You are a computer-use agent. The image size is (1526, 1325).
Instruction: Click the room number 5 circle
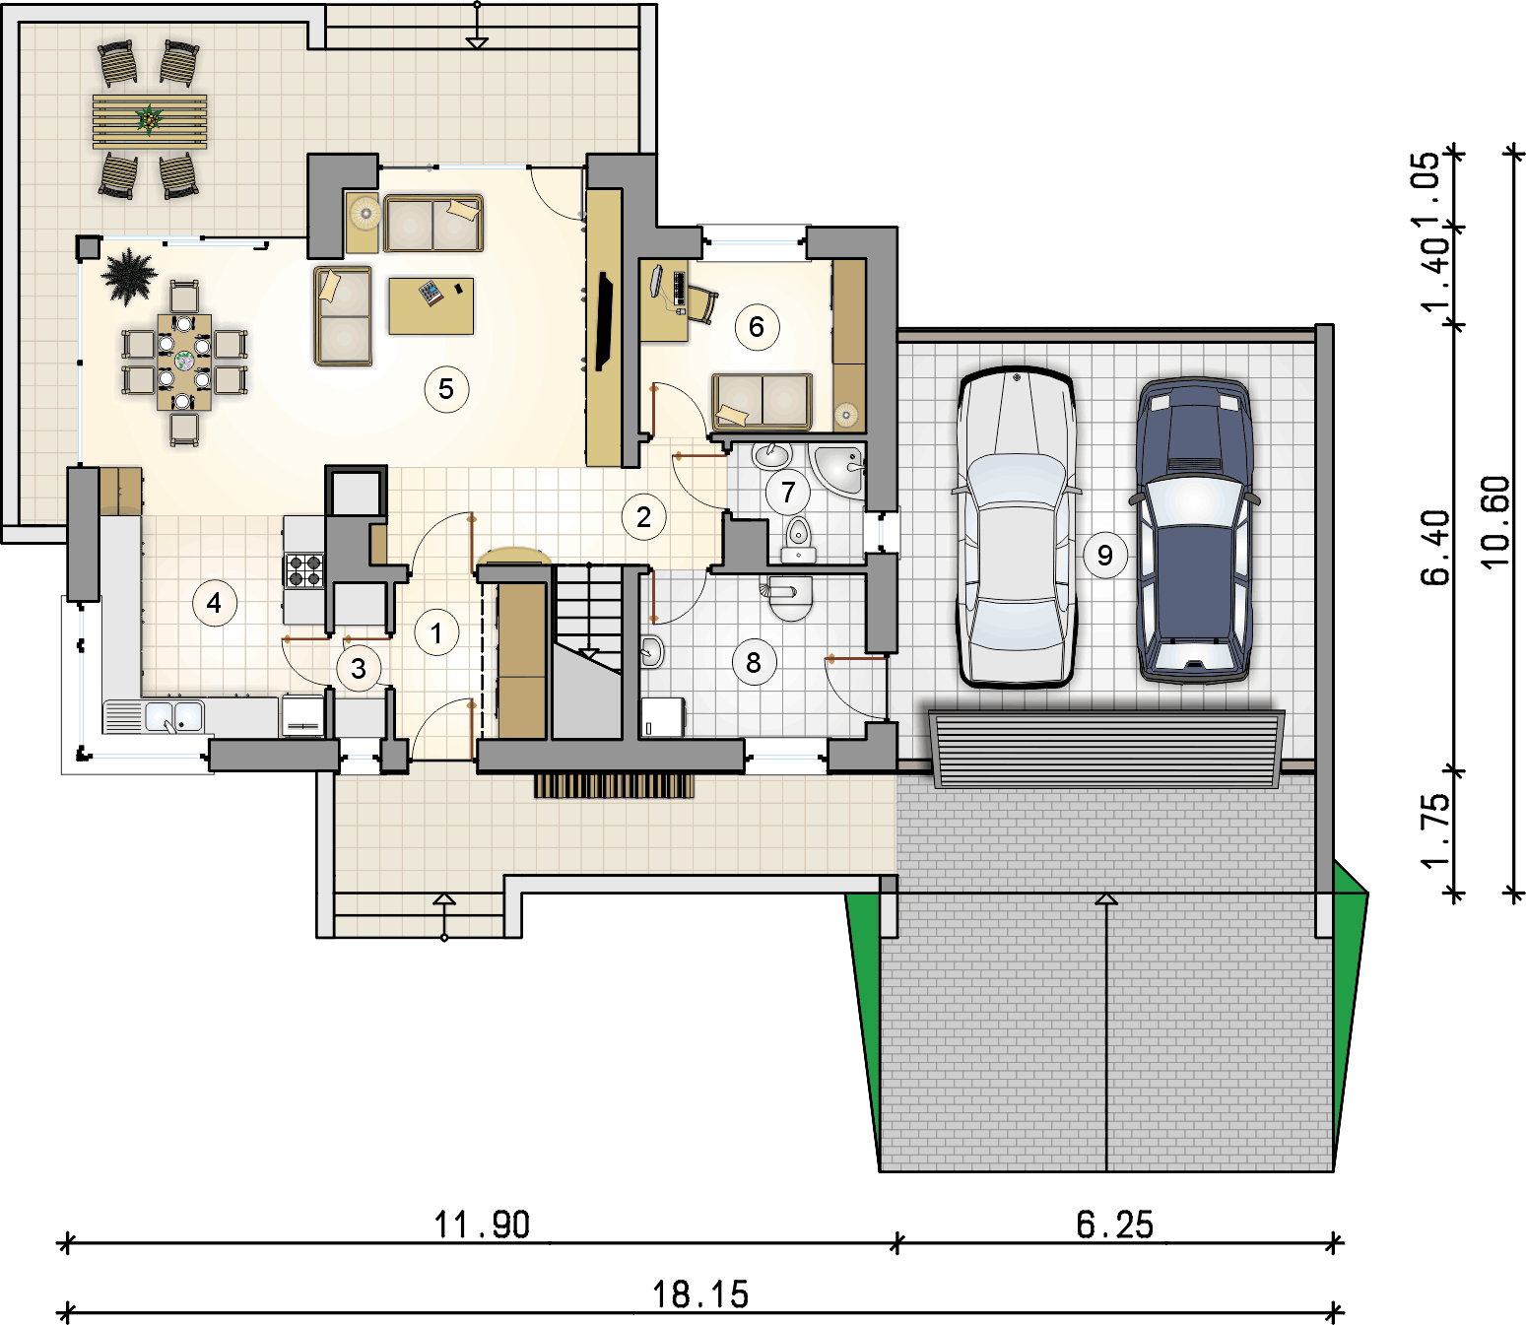point(446,388)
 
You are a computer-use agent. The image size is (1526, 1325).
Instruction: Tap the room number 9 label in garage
point(1104,555)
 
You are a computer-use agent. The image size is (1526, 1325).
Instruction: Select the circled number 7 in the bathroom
point(787,492)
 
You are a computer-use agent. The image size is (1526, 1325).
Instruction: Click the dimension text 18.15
point(700,1294)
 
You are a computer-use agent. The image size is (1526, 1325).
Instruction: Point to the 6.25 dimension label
point(1114,1226)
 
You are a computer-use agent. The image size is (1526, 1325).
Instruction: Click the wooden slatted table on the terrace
point(149,121)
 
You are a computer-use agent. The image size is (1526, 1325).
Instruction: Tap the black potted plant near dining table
point(129,276)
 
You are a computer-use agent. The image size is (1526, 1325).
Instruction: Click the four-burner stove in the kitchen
point(304,570)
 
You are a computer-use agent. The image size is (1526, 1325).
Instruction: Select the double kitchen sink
point(173,717)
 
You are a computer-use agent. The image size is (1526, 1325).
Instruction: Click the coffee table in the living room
point(431,305)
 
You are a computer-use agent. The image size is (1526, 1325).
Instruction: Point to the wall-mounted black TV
point(604,321)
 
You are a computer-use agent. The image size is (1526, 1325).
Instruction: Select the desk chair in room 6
point(701,304)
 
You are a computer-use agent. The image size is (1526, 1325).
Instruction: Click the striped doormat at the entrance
point(614,786)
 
